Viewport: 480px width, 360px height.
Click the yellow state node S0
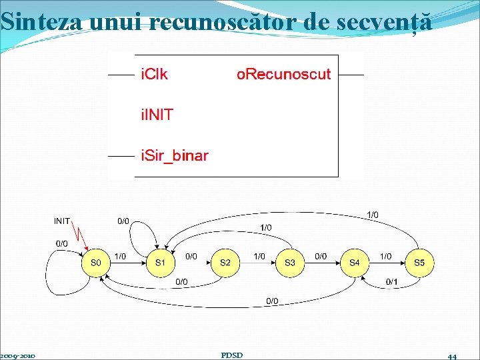(95, 263)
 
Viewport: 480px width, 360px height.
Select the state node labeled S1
(160, 263)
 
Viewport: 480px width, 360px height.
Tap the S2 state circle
(225, 263)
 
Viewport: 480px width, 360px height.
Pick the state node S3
(290, 263)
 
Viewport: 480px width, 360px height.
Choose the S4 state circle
(354, 263)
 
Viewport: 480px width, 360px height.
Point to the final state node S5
(419, 263)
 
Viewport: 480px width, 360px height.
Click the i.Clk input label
(154, 74)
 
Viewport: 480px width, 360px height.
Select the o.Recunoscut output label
(283, 74)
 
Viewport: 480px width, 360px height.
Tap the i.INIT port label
(157, 115)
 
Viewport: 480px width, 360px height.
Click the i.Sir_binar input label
(174, 156)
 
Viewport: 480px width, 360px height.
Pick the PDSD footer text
(231, 355)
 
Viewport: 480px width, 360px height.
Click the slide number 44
(452, 356)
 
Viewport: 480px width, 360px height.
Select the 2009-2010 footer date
(18, 355)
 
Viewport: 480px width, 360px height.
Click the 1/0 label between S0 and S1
(121, 256)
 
